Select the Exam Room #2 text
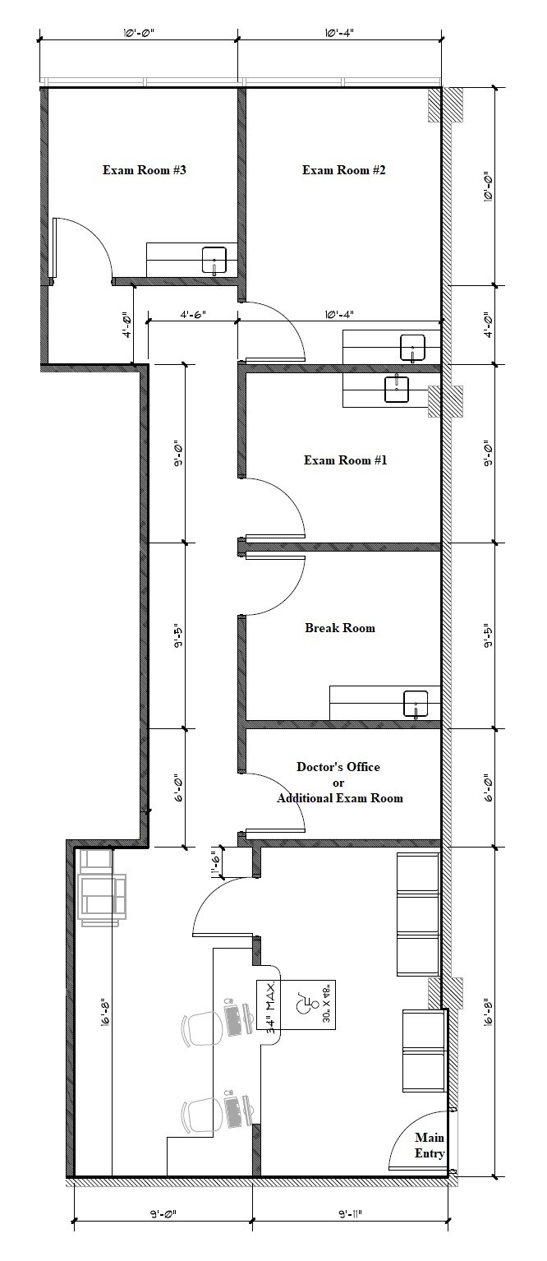pos(343,170)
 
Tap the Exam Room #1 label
pos(345,460)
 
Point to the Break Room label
pos(340,628)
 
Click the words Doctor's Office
pos(338,767)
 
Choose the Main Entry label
pos(430,1145)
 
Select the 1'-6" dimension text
pos(215,863)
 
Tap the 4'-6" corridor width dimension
pos(192,314)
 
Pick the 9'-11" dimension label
pos(348,1213)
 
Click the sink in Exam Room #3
pos(214,260)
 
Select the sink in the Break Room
pos(416,704)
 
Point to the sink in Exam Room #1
pos(397,389)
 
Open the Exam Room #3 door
pos(82,247)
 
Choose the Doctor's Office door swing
pos(275,801)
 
